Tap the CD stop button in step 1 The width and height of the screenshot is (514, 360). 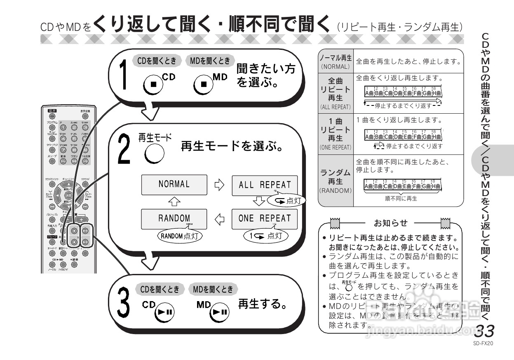point(152,84)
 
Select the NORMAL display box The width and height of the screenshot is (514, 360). point(174,185)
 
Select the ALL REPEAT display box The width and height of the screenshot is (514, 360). point(264,185)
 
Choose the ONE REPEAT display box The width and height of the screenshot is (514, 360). point(264,219)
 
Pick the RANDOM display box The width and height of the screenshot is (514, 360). point(174,219)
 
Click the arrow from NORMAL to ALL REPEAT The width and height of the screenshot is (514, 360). point(219,185)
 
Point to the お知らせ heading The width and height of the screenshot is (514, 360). point(390,223)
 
